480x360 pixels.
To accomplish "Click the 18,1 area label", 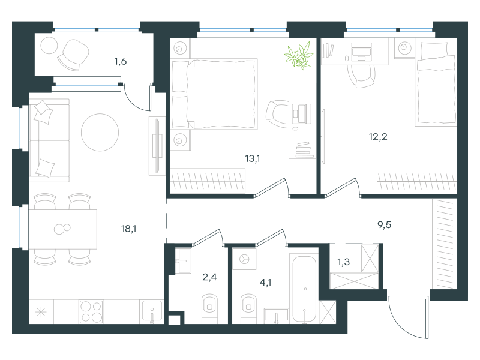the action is coord(129,229).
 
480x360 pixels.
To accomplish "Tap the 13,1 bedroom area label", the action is coord(253,158).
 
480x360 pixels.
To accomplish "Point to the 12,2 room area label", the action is coord(378,137).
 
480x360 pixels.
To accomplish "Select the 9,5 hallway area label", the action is coord(384,225).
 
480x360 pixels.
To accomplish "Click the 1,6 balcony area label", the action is coord(121,62).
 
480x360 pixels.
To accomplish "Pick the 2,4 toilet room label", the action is coord(209,277).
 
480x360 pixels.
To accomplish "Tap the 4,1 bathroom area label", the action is coord(265,283).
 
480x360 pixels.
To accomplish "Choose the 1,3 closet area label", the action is coord(343,262).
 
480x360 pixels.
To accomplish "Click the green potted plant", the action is coord(299,55).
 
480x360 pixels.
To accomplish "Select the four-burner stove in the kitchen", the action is coord(91,311).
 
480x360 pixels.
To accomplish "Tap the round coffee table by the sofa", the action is coord(100,132).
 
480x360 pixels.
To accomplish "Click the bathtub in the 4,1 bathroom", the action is coord(304,289).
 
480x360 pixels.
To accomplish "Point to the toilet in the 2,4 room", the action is coord(209,308).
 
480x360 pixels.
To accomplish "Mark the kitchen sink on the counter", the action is coord(152,311).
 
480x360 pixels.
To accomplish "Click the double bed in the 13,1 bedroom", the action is coord(214,94).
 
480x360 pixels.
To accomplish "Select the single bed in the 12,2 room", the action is coord(436,84).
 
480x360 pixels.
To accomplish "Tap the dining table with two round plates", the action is coord(63,229).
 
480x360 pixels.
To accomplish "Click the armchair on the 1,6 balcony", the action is coord(73,55).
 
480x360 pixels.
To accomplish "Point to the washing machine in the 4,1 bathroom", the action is coord(244,259).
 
